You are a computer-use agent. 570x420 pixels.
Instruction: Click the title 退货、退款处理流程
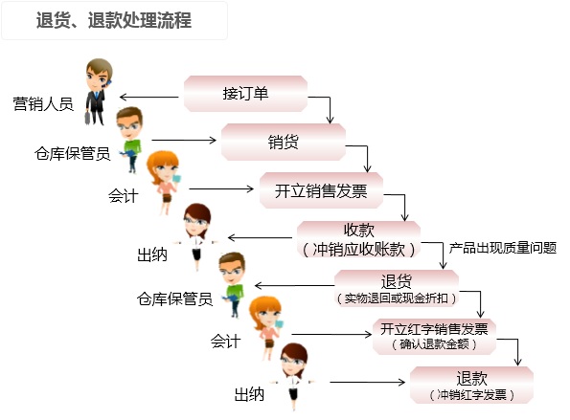point(114,20)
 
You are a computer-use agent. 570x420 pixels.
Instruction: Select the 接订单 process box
point(246,94)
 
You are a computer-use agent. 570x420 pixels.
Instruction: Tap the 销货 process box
point(284,142)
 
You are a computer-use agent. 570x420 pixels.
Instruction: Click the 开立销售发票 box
point(321,190)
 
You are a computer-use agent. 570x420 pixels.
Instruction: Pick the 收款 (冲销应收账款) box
point(359,239)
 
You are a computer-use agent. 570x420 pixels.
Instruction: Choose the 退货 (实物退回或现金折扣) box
point(397,289)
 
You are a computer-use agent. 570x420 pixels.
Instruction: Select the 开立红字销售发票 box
point(434,337)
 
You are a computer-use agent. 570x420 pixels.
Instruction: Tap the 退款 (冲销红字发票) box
point(472,386)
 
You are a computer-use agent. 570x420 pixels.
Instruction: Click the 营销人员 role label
point(43,104)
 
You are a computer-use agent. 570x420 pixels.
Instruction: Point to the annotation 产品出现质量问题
point(503,248)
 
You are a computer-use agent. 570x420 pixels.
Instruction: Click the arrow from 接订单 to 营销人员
point(149,97)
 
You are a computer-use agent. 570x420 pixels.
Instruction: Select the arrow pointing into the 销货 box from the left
point(184,140)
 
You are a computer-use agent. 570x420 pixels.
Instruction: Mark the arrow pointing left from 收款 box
point(260,238)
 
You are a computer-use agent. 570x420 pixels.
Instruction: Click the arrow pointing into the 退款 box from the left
point(367,382)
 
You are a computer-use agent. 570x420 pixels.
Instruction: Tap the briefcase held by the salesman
point(87,118)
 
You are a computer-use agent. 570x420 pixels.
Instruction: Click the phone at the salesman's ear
point(108,83)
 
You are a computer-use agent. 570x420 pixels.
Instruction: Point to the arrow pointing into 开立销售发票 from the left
point(221,188)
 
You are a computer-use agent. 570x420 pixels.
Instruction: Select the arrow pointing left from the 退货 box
point(294,286)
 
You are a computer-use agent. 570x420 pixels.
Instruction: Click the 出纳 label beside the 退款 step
point(249,394)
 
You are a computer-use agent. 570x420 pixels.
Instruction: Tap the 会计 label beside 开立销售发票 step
point(124,196)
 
